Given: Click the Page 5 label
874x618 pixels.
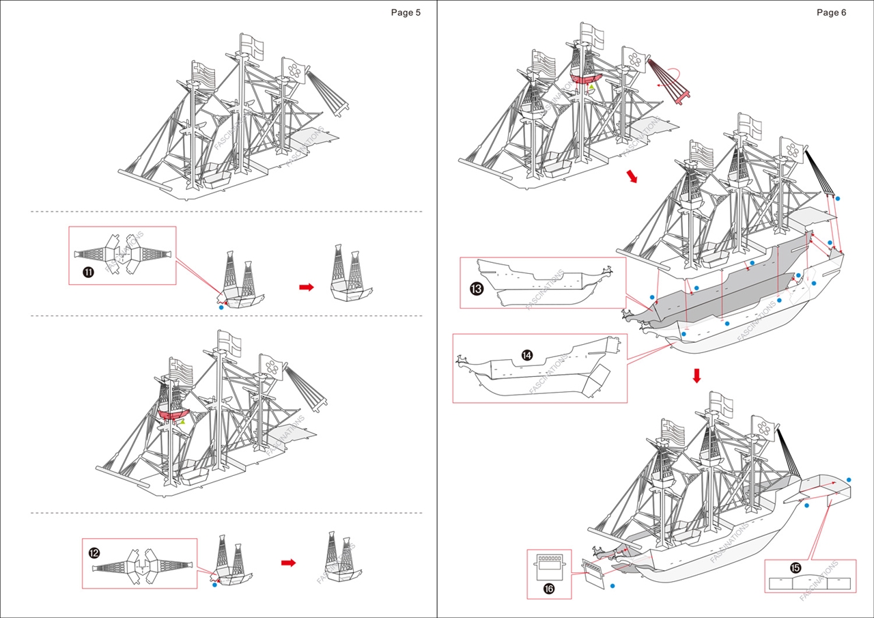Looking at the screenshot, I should (406, 12).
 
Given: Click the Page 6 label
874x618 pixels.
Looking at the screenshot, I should (831, 12).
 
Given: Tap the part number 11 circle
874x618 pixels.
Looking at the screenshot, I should (88, 272).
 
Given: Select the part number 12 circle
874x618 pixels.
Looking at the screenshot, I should (94, 552).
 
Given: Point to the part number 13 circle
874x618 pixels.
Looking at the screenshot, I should (477, 288).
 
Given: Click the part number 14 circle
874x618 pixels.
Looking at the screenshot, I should (527, 355).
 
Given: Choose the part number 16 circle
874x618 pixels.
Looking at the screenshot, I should (550, 588).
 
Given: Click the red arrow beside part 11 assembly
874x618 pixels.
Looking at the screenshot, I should (307, 287).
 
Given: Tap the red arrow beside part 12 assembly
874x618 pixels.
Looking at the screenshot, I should (288, 563).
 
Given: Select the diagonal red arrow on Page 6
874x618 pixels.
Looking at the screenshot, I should (632, 177).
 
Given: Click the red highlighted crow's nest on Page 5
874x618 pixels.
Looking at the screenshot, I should (174, 415).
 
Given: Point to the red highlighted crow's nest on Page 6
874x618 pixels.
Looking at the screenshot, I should (585, 79).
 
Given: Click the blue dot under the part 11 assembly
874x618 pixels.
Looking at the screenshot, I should (221, 308).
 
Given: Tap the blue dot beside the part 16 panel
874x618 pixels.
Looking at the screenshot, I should (612, 586).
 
